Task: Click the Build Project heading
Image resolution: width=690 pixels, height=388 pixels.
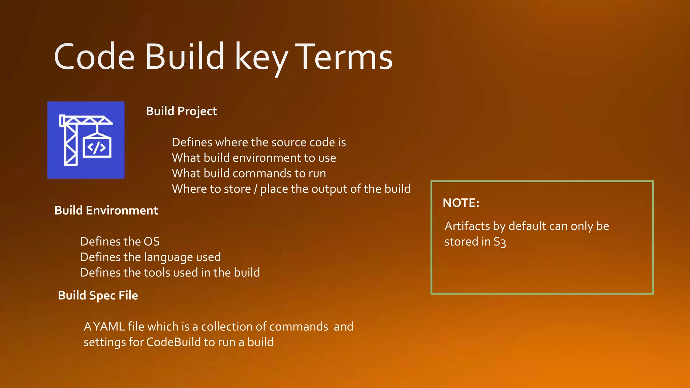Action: (181, 111)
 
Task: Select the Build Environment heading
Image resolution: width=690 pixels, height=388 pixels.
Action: (106, 211)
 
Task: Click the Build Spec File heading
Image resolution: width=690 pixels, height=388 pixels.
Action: (98, 295)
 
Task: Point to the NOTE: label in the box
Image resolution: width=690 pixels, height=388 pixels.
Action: (461, 203)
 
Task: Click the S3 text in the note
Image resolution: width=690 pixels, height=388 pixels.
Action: (500, 242)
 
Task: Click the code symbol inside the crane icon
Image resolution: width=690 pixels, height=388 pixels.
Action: (97, 148)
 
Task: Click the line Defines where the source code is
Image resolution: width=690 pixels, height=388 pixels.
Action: (259, 142)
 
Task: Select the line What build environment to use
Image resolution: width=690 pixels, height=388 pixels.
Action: (254, 158)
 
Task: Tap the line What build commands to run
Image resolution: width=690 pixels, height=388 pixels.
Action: (249, 173)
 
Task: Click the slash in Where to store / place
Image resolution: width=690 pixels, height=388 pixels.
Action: (255, 189)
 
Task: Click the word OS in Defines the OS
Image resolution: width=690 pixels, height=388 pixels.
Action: (152, 241)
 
